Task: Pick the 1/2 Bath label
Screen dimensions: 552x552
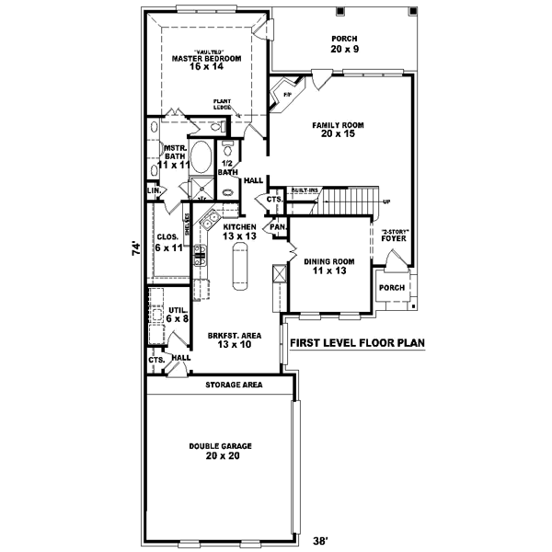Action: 226,167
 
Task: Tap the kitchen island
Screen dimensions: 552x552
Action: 238,270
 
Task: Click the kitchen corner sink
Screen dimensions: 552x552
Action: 209,222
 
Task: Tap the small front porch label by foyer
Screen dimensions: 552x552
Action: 392,286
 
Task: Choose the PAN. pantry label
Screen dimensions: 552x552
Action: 277,225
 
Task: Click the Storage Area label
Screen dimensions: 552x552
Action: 235,384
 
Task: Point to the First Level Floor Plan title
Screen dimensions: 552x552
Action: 357,343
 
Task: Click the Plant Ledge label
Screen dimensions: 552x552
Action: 223,104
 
